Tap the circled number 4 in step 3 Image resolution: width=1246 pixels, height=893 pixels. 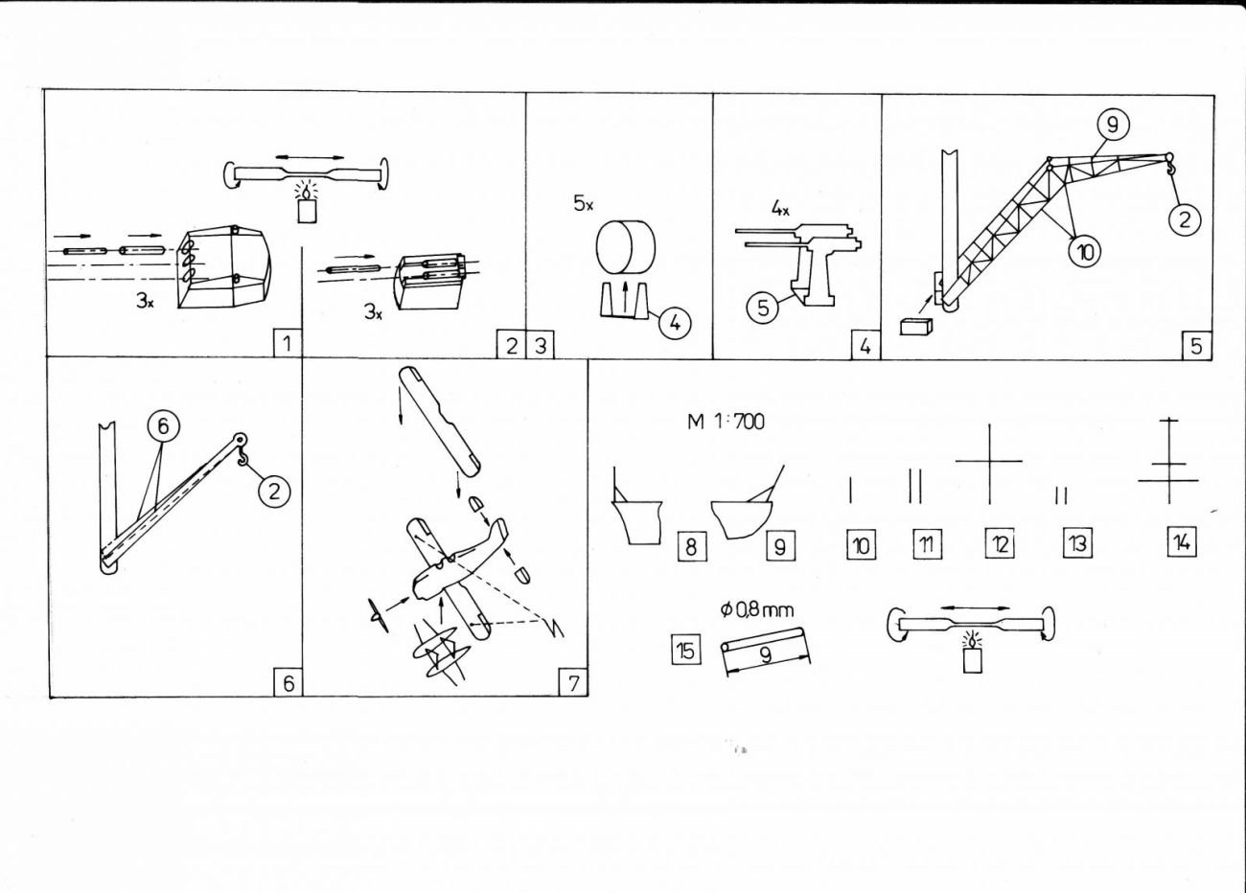pyautogui.click(x=675, y=323)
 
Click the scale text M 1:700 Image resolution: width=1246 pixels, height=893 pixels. pyautogui.click(x=726, y=422)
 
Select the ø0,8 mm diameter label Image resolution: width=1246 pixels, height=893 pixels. pyautogui.click(x=756, y=609)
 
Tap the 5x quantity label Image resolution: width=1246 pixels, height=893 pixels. pyautogui.click(x=584, y=204)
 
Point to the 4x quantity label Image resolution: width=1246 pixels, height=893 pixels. pyautogui.click(x=779, y=206)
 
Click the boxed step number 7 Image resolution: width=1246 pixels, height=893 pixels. pyautogui.click(x=572, y=682)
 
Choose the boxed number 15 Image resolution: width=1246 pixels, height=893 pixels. pyautogui.click(x=684, y=651)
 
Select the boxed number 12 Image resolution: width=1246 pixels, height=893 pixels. pyautogui.click(x=999, y=544)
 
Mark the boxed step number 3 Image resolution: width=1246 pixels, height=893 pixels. pyautogui.click(x=541, y=345)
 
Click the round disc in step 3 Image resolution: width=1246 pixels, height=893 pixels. pyautogui.click(x=626, y=246)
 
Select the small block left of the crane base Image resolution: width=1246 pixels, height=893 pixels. pyautogui.click(x=915, y=326)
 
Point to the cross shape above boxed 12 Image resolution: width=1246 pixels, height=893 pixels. pyautogui.click(x=989, y=463)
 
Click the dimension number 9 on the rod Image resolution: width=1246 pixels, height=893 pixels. pyautogui.click(x=765, y=655)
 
